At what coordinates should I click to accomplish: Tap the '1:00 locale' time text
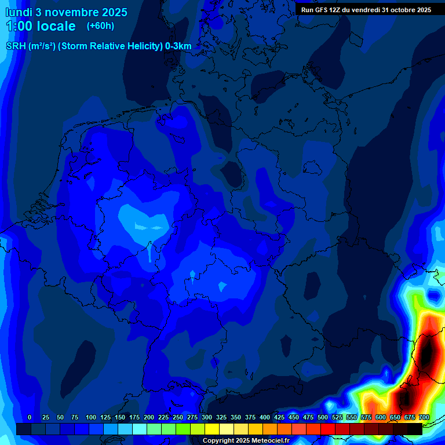41,26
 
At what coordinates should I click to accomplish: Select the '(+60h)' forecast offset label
100,26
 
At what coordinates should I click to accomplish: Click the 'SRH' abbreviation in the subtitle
16,46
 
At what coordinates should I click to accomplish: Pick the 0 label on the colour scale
30,417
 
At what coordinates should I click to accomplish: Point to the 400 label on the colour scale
265,417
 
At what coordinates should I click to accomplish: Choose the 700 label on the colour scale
424,417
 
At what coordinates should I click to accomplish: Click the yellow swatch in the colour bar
212,429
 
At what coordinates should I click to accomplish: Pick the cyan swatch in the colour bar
140,429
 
